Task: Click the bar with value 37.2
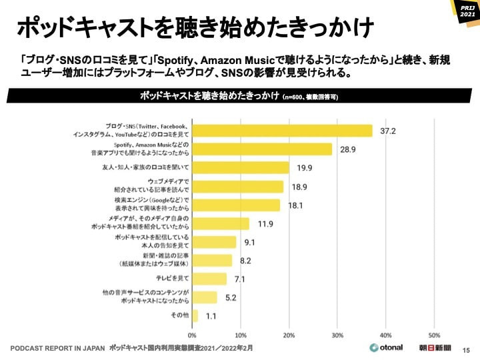point(282,131)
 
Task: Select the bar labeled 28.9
point(262,149)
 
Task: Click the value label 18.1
point(296,205)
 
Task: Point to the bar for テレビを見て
point(209,279)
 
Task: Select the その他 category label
point(180,315)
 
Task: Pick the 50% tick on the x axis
point(434,335)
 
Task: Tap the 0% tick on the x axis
point(193,335)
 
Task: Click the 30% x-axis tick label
point(337,335)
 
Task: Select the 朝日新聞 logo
point(434,348)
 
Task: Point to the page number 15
point(466,349)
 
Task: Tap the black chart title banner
point(240,96)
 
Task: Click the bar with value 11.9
point(221,224)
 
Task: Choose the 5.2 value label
point(231,297)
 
